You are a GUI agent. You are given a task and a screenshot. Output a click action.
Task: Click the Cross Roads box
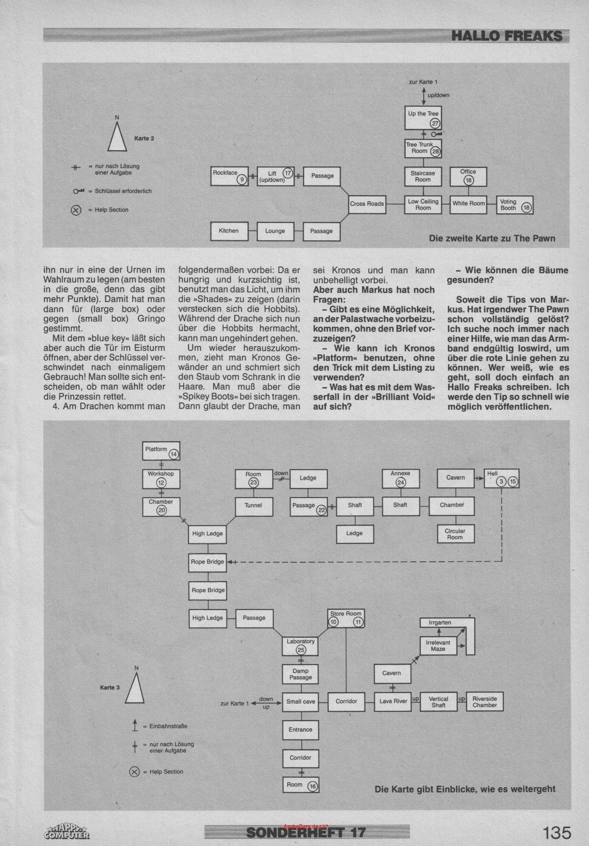pos(367,204)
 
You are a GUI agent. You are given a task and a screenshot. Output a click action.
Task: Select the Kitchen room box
pos(229,231)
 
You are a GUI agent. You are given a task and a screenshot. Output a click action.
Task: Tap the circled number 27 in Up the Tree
pos(435,123)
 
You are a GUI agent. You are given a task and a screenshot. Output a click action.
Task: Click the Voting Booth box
pos(514,205)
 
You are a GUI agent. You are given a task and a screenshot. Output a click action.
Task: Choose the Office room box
pos(468,176)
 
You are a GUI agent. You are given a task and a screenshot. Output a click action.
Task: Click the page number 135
pos(557,832)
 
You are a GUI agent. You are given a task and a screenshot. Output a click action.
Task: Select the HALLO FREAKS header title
pos(507,36)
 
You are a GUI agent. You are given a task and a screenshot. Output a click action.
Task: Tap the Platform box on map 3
pos(161,451)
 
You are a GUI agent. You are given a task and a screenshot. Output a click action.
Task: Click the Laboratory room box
pos(301,645)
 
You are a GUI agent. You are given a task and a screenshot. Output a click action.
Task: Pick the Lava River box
pos(393,701)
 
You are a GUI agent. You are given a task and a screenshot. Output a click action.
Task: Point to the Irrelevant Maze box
pos(438,646)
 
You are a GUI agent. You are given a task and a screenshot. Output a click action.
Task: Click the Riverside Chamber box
pos(484,702)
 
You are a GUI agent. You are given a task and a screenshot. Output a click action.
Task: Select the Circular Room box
pos(455,534)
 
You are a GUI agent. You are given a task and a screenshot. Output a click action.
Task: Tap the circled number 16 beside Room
pos(312,787)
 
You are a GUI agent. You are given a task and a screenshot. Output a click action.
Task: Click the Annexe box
pos(400,478)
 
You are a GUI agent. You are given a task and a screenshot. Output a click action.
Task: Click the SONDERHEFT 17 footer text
pos(306,832)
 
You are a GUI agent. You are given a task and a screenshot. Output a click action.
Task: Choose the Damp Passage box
pos(301,674)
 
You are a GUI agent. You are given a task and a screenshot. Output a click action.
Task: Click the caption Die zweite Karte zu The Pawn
pos(492,238)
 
